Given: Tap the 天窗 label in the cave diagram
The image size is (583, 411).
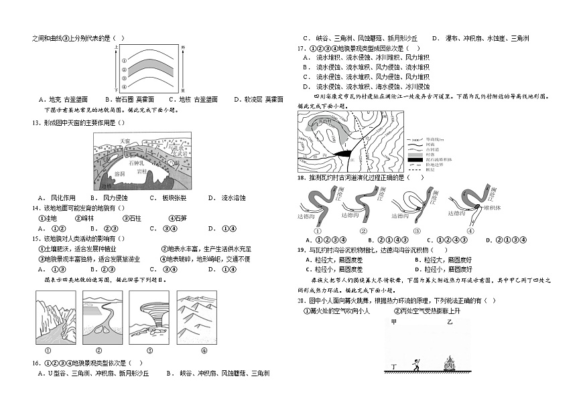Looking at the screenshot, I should pyautogui.click(x=123, y=141).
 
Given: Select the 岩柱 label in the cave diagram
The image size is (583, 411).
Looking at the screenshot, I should pyautogui.click(x=143, y=171).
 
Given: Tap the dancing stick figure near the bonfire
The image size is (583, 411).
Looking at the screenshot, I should pyautogui.click(x=416, y=364).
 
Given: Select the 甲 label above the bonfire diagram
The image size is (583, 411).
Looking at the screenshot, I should pyautogui.click(x=394, y=323).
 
